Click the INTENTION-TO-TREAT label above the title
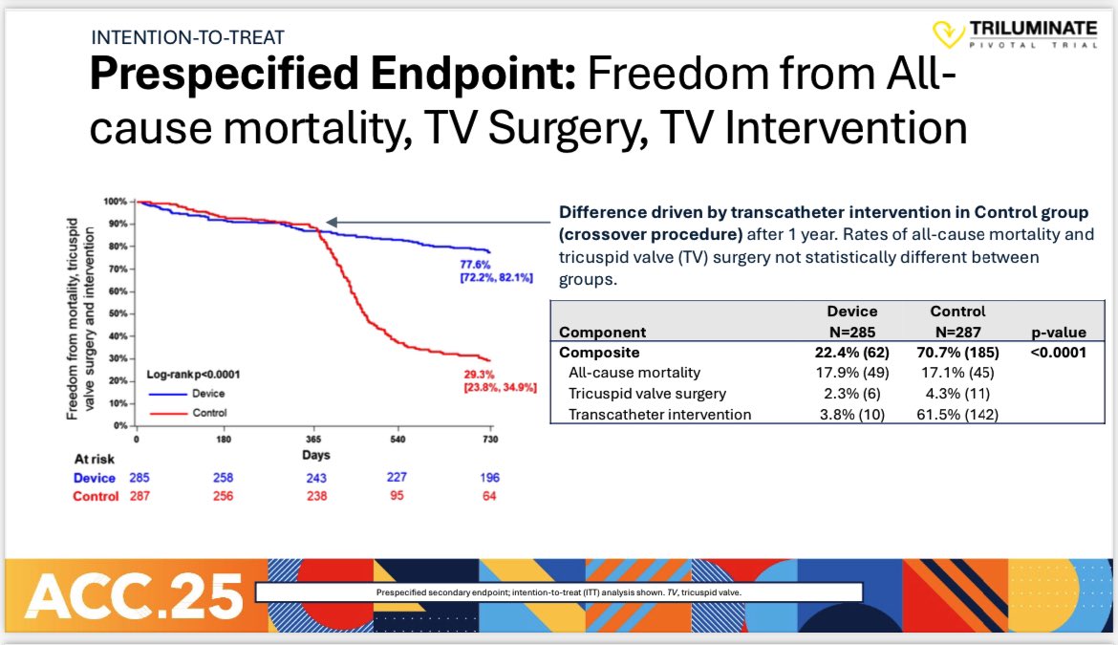tap(187, 38)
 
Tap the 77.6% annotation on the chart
tap(477, 262)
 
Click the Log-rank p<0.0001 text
tap(193, 376)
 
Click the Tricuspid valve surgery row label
tap(647, 394)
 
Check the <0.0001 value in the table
tap(1058, 352)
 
